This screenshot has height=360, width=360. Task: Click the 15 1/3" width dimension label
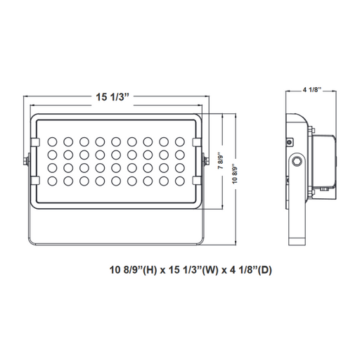click(112, 97)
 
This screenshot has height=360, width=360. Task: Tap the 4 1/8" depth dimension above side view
click(311, 90)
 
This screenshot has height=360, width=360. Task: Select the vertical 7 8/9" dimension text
click(221, 162)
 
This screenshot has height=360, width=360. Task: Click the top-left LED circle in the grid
click(52, 142)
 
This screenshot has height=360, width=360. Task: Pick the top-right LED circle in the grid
click(180, 142)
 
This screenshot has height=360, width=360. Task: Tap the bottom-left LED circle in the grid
click(52, 181)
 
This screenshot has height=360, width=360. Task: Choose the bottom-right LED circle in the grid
click(180, 181)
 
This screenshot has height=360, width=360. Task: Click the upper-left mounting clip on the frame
click(35, 142)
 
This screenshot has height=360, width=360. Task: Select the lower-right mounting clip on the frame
click(197, 181)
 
